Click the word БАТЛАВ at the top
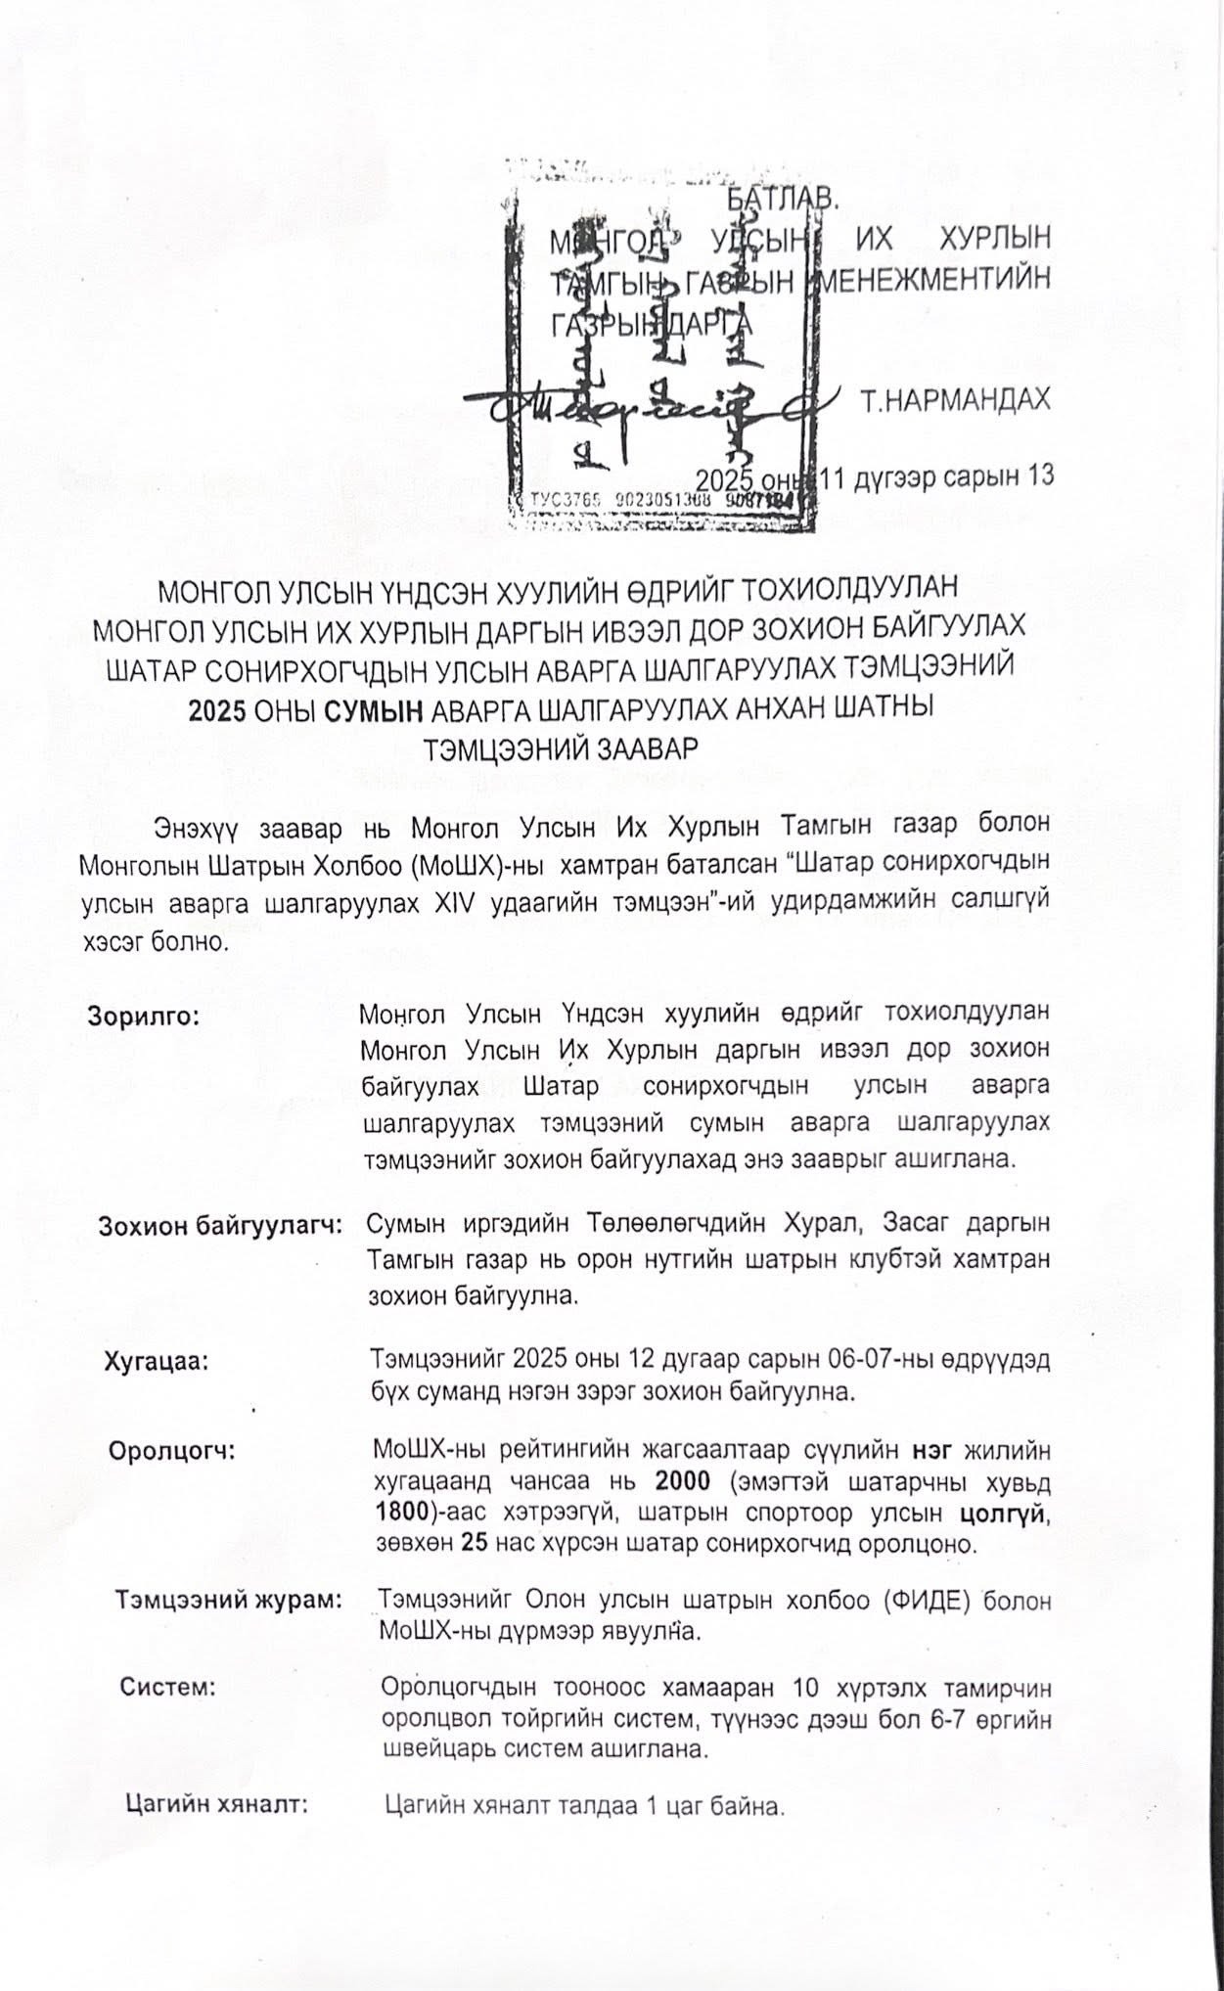click(783, 197)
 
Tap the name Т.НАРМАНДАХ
click(956, 401)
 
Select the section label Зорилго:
click(145, 1015)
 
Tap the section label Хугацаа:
click(156, 1361)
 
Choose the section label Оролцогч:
click(172, 1449)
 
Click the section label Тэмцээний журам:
click(229, 1602)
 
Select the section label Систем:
click(167, 1688)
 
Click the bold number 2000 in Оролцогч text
click(686, 1477)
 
